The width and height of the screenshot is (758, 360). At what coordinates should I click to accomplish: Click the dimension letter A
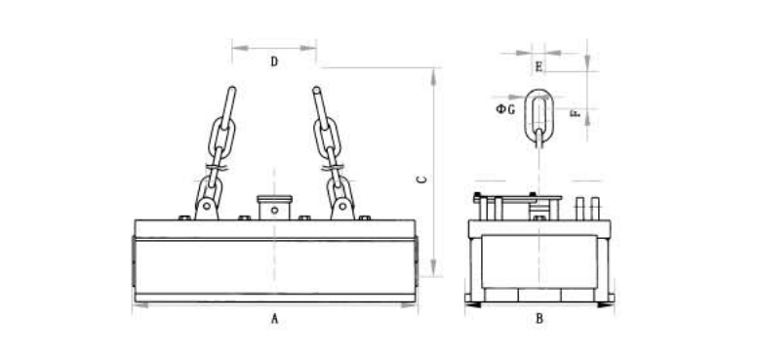(x=274, y=318)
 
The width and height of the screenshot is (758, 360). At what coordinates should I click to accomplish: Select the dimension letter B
(x=539, y=318)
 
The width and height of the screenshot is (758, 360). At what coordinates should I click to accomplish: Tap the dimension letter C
(x=422, y=180)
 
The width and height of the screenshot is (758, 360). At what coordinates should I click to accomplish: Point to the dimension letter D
(x=274, y=61)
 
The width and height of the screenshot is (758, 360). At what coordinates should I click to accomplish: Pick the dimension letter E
(x=539, y=66)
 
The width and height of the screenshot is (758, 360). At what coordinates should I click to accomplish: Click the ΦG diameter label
(x=505, y=109)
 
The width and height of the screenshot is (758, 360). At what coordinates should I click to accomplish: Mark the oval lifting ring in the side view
(x=527, y=116)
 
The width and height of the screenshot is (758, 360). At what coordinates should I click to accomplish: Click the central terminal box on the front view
(x=274, y=207)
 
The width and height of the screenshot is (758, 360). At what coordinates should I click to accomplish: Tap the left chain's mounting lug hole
(x=207, y=206)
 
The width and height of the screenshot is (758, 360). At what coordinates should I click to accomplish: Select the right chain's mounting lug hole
(x=342, y=206)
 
